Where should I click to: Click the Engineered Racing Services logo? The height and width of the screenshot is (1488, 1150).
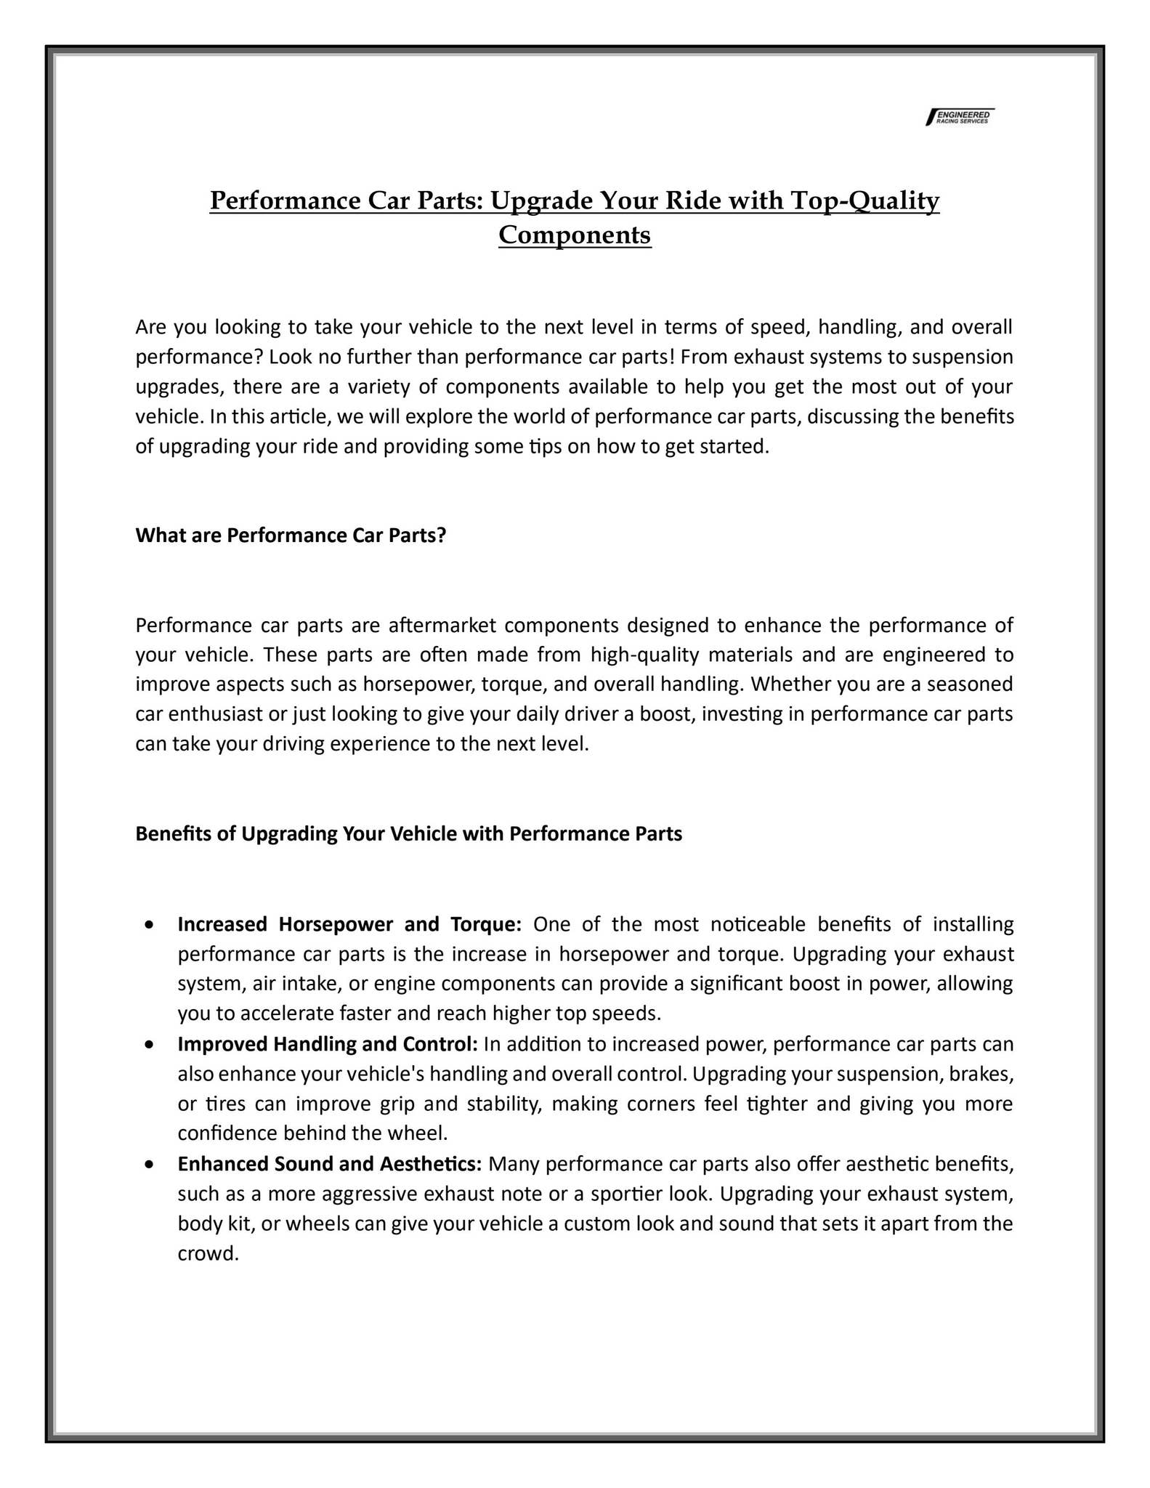coord(960,117)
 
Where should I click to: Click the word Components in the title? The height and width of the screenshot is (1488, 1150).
coord(575,235)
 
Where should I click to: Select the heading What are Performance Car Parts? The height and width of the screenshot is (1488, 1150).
coord(291,535)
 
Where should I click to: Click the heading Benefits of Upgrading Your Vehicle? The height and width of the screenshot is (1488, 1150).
coord(408,833)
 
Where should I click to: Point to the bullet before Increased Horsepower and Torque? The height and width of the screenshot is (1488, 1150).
coord(149,925)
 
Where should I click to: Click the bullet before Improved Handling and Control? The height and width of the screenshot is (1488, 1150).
coord(149,1045)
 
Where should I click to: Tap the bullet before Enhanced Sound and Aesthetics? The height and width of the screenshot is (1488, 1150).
coord(149,1165)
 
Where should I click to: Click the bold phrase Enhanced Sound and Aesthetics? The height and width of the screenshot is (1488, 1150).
coord(330,1165)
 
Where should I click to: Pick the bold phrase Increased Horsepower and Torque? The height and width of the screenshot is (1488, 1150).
coord(349,925)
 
